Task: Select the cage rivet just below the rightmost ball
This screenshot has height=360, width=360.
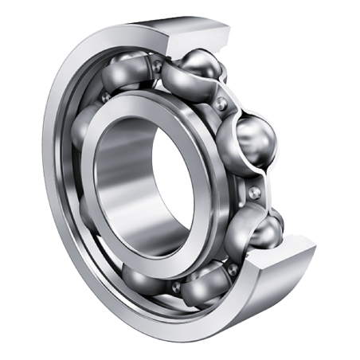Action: [253, 191]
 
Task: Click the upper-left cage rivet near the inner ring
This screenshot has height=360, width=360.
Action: [104, 96]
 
